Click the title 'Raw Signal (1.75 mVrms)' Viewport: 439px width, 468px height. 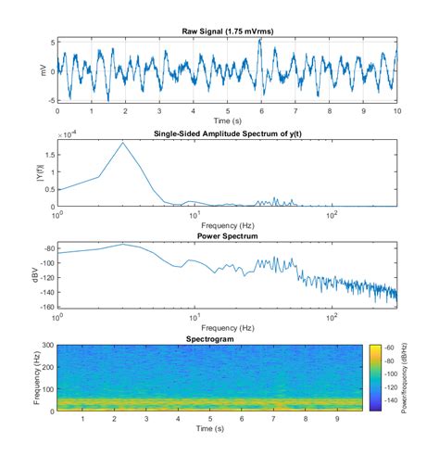[x=227, y=32]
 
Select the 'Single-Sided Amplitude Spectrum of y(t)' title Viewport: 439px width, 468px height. [x=227, y=133]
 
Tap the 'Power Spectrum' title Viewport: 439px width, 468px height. [x=227, y=235]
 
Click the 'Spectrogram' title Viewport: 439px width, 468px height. [x=227, y=339]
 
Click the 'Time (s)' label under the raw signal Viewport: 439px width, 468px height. [x=227, y=120]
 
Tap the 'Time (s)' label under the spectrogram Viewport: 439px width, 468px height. [x=227, y=428]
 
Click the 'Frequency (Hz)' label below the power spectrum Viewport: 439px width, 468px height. [x=227, y=326]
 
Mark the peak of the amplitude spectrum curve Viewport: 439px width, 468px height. [x=123, y=143]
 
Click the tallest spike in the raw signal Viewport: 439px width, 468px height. [x=261, y=41]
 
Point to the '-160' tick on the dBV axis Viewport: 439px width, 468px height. [x=47, y=307]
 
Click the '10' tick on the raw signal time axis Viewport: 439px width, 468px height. [x=397, y=110]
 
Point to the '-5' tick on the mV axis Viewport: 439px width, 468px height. [x=50, y=98]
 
